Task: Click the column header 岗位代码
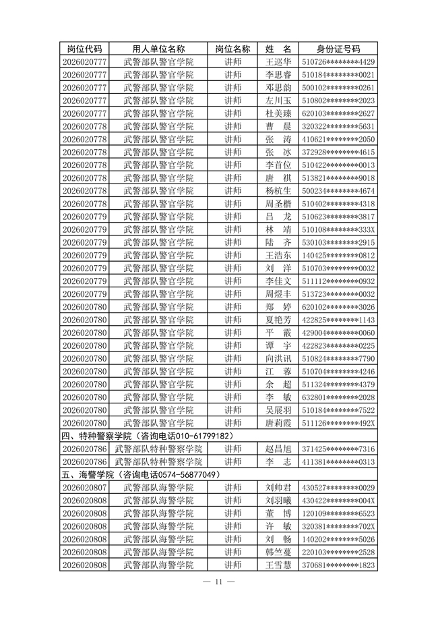(x=84, y=49)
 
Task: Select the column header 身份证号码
(x=338, y=49)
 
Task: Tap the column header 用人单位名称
(x=158, y=49)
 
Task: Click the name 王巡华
(x=278, y=61)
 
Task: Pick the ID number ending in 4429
(x=338, y=61)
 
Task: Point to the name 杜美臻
(x=278, y=113)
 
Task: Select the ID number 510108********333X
(x=338, y=229)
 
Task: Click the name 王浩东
(x=278, y=255)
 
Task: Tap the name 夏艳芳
(x=278, y=319)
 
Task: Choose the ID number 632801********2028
(x=338, y=397)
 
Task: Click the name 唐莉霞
(x=278, y=422)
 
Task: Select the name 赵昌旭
(x=278, y=449)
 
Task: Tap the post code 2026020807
(x=84, y=487)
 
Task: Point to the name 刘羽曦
(x=278, y=500)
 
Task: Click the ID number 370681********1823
(x=338, y=565)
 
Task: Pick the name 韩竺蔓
(x=278, y=552)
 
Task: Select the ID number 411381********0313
(x=338, y=461)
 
